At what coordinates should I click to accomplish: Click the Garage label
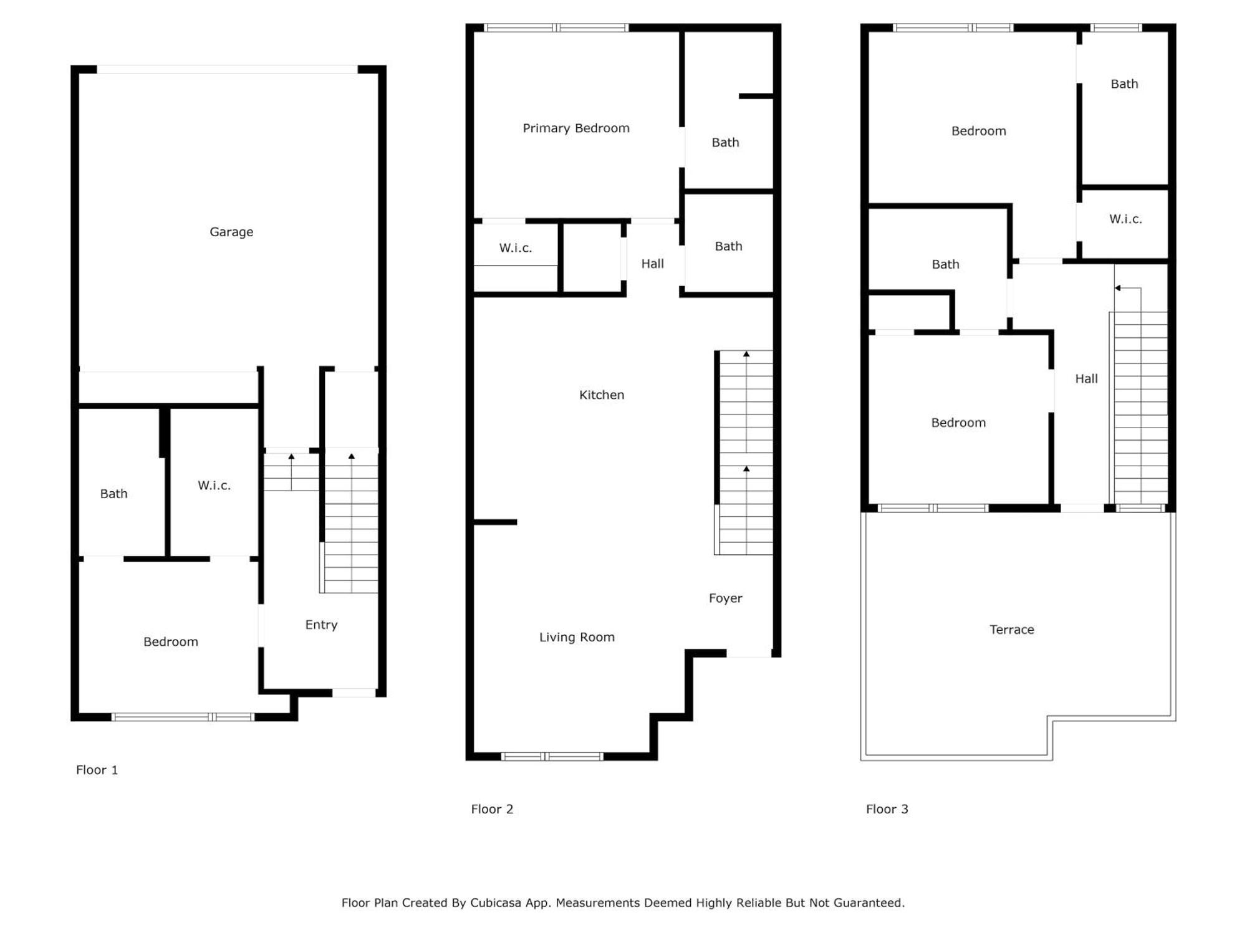[x=231, y=232]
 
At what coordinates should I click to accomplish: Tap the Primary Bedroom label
[x=576, y=128]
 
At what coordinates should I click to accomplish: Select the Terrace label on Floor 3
[x=1012, y=630]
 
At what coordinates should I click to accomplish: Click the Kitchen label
[x=602, y=395]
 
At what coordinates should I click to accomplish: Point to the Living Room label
[x=577, y=637]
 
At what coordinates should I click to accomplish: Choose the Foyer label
[x=726, y=598]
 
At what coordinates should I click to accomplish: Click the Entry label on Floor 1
[x=321, y=625]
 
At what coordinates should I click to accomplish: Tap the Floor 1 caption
[x=97, y=770]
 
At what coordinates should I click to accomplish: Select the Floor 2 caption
[x=492, y=809]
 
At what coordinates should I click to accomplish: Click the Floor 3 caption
[x=887, y=809]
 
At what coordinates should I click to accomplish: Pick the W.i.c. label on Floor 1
[x=214, y=485]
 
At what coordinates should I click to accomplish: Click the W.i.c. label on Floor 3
[x=1125, y=219]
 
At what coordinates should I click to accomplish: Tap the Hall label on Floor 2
[x=653, y=264]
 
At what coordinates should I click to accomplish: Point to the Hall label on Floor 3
[x=1086, y=378]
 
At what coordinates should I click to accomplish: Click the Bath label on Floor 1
[x=114, y=494]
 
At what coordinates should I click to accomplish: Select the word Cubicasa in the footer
[x=496, y=903]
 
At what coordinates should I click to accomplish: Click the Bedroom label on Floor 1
[x=171, y=641]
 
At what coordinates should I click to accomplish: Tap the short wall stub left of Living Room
[x=495, y=522]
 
